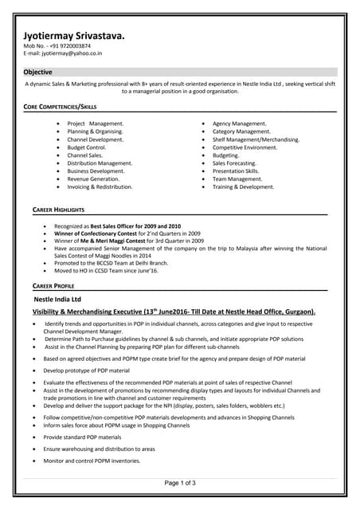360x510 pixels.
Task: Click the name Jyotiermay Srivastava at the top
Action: pos(73,36)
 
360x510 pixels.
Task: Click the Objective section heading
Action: pos(37,72)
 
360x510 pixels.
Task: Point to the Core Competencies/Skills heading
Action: pos(60,106)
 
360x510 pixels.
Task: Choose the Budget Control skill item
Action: pos(87,147)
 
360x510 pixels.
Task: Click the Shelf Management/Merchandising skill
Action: pos(256,139)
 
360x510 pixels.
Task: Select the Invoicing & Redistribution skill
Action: pos(100,186)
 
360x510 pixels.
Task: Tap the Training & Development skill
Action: pos(243,186)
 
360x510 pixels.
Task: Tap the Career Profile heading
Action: pos(53,284)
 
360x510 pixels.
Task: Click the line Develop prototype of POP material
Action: pos(87,371)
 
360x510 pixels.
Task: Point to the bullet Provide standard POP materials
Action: pos(83,437)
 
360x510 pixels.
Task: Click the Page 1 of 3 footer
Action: pos(180,483)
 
